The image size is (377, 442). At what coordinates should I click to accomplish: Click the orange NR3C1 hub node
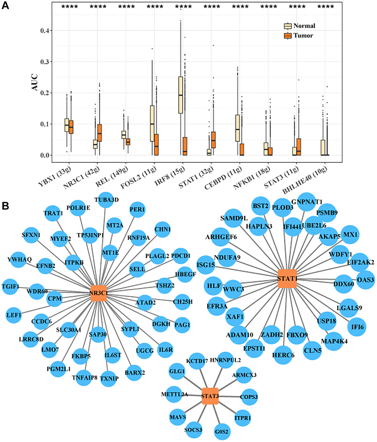point(99,293)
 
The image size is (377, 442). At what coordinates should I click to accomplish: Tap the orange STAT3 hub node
point(210,396)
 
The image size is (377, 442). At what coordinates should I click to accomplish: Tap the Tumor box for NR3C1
point(99,133)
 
